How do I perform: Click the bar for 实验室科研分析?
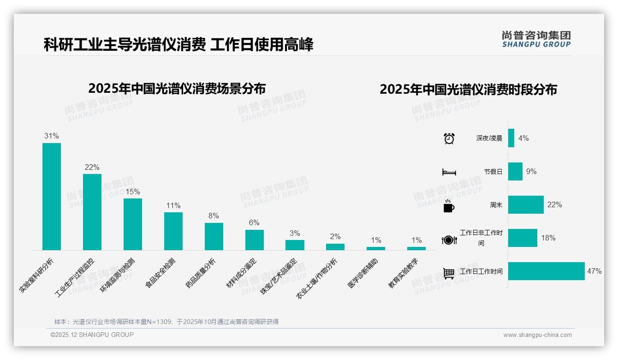click(x=52, y=197)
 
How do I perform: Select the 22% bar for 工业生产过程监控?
click(x=92, y=212)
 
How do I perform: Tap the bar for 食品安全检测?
click(x=173, y=231)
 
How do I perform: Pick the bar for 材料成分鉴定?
click(x=255, y=240)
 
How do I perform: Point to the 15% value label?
click(x=133, y=192)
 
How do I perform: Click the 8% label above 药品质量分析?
click(x=214, y=216)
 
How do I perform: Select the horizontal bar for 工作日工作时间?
click(x=546, y=271)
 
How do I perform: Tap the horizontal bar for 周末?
click(x=526, y=205)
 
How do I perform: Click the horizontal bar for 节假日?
click(x=515, y=172)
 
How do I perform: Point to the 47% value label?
click(x=594, y=271)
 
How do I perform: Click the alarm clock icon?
click(x=449, y=138)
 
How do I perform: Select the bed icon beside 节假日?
click(x=449, y=172)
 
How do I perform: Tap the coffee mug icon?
click(x=449, y=206)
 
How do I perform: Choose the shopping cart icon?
click(x=449, y=273)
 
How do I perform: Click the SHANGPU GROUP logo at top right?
click(x=536, y=39)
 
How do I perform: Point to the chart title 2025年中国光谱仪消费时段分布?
click(x=468, y=90)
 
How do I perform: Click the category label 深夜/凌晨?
click(x=489, y=138)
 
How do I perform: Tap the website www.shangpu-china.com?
click(x=537, y=335)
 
